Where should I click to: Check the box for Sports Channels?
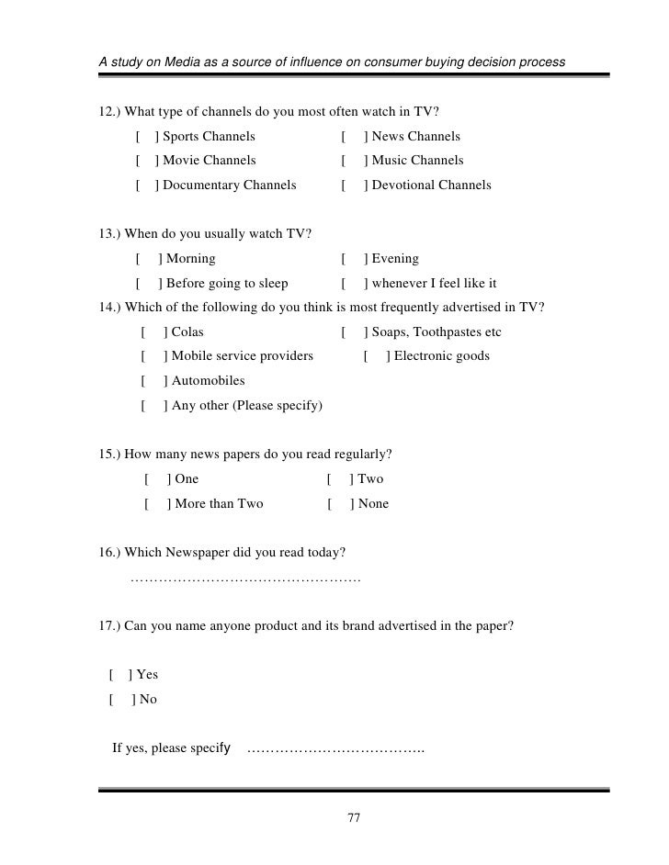[x=146, y=138]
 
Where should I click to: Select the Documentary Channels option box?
[x=146, y=185]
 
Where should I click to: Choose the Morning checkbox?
[x=148, y=259]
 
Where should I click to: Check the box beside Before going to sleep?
[x=148, y=284]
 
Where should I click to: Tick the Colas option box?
[x=153, y=332]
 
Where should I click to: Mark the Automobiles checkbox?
[x=153, y=381]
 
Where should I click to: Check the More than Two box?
[x=157, y=504]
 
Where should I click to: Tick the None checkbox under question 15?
[x=340, y=504]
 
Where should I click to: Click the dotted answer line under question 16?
[x=245, y=580]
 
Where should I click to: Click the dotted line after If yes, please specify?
[x=335, y=749]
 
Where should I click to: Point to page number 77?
[x=353, y=818]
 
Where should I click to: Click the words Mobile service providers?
[x=242, y=356]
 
